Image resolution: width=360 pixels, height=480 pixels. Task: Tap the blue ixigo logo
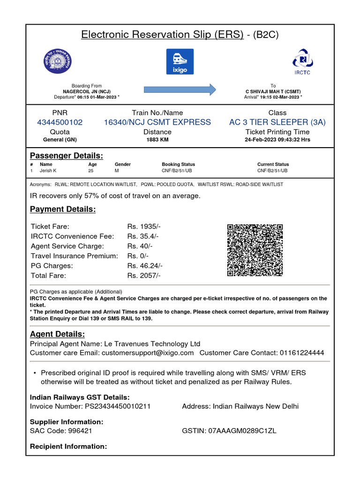pyautogui.click(x=180, y=61)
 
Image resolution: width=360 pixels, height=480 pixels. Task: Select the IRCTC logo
pyautogui.click(x=302, y=61)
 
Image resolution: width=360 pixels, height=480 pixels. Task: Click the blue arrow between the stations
pyautogui.click(x=180, y=89)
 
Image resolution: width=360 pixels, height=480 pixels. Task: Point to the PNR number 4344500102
pyautogui.click(x=60, y=122)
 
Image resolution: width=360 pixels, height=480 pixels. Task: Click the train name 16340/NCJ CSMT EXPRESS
pyautogui.click(x=157, y=122)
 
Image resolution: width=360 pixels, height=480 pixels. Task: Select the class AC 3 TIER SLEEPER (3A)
pyautogui.click(x=277, y=122)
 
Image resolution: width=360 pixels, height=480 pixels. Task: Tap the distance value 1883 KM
pyautogui.click(x=157, y=140)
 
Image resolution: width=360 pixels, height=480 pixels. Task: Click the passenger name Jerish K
pyautogui.click(x=48, y=171)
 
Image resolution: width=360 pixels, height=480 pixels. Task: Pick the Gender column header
pyautogui.click(x=123, y=165)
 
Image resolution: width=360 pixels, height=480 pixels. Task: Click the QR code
pyautogui.click(x=255, y=250)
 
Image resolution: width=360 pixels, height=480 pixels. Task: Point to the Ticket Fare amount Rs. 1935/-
pyautogui.click(x=144, y=226)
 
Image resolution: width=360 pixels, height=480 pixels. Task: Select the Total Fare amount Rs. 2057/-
pyautogui.click(x=144, y=276)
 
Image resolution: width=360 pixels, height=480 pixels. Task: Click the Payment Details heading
pyautogui.click(x=63, y=209)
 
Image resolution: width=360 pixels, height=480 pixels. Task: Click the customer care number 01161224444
pyautogui.click(x=302, y=352)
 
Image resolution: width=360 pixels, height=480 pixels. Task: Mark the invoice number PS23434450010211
pyautogui.click(x=118, y=406)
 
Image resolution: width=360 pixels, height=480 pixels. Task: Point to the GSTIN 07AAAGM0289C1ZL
pyautogui.click(x=242, y=431)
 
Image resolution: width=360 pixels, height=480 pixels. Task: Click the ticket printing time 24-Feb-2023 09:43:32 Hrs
pyautogui.click(x=277, y=140)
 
